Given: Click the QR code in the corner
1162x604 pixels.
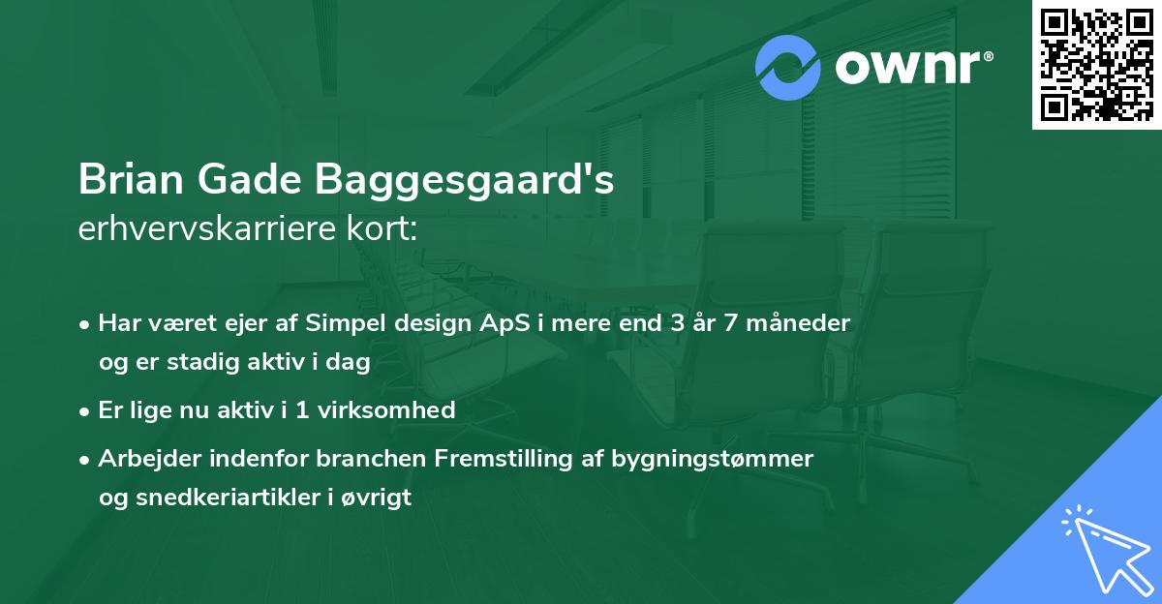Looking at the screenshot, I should [1096, 64].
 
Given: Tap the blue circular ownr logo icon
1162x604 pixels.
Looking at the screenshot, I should [788, 67].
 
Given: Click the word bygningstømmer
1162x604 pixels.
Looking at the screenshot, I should [712, 459].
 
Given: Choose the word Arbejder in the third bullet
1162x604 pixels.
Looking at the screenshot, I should [141, 459].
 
